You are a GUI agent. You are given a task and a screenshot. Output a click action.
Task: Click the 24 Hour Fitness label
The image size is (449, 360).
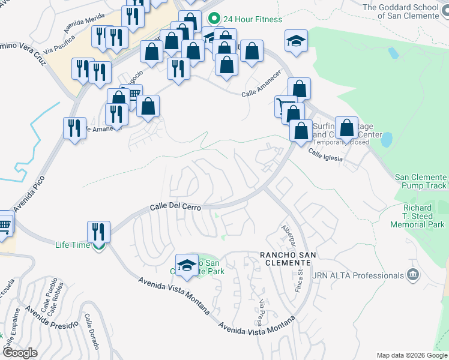click(252, 19)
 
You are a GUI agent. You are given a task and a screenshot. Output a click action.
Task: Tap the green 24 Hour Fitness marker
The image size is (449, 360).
click(212, 19)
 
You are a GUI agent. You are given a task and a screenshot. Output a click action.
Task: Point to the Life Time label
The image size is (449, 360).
click(73, 245)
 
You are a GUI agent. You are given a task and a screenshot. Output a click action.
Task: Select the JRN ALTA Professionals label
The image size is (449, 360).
click(358, 275)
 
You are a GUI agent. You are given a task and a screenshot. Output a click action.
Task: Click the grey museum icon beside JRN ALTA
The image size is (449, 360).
click(412, 275)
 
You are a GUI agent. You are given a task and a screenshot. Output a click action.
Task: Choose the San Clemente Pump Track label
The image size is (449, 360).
click(420, 181)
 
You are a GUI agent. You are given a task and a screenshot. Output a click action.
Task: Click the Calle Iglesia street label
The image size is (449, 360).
click(325, 155)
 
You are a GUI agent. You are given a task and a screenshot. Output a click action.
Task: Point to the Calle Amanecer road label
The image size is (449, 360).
click(262, 91)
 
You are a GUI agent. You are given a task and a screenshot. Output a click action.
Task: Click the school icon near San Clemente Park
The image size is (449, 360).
click(187, 265)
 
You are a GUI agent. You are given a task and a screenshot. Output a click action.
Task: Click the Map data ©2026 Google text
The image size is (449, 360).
click(411, 355)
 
